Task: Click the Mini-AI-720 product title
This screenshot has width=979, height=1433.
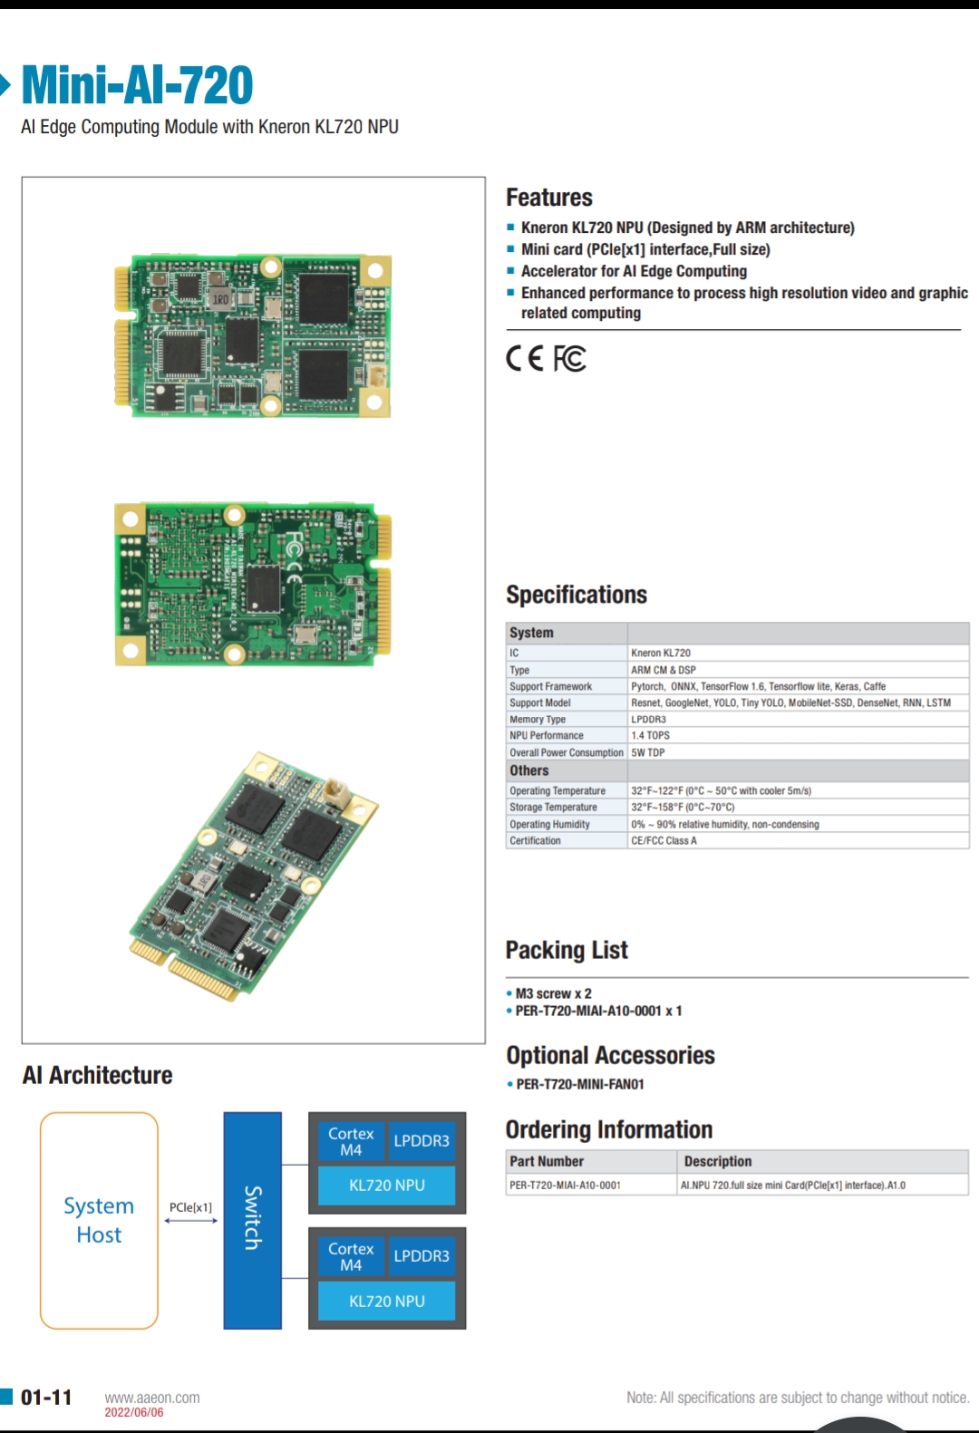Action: coord(137,85)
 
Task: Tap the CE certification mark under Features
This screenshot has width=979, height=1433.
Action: coord(525,359)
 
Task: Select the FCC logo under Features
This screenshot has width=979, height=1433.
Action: coord(570,359)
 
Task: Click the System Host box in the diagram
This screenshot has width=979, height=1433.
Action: coord(99,1220)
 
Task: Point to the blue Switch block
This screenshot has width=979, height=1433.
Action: coord(252,1220)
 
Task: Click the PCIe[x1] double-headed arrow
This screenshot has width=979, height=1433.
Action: coord(190,1221)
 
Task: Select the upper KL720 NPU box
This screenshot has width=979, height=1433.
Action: coord(386,1186)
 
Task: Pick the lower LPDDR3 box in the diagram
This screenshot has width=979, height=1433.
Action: coord(422,1256)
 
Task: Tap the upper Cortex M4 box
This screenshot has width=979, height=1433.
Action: coord(351,1141)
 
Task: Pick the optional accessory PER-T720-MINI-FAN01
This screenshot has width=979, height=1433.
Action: coord(580,1084)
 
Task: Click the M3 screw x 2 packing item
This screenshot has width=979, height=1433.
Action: coord(553,993)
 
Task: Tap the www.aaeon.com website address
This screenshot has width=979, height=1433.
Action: coord(152,1398)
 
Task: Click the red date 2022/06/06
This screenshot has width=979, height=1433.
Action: coord(134,1412)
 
